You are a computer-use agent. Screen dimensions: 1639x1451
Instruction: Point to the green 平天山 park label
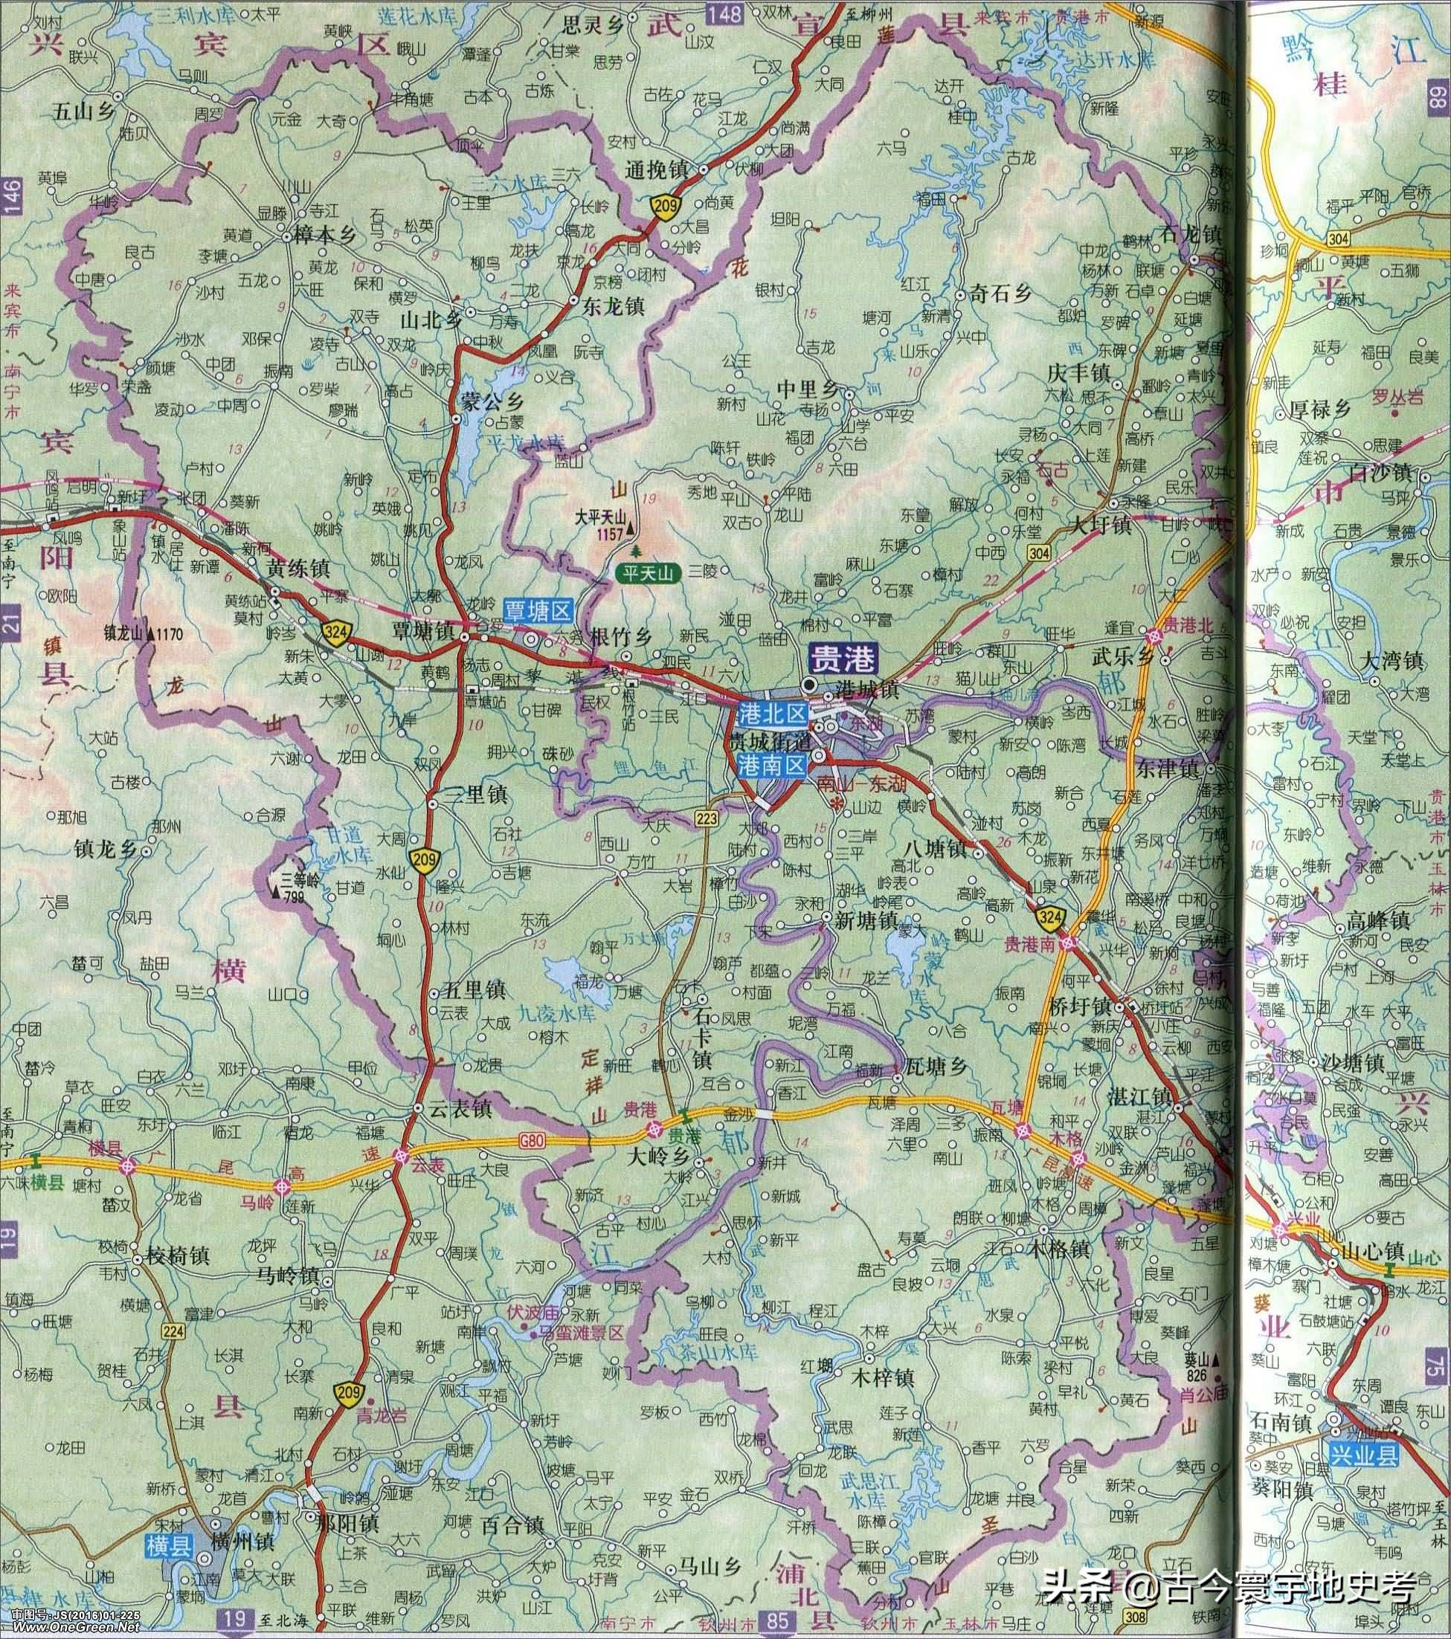click(x=647, y=573)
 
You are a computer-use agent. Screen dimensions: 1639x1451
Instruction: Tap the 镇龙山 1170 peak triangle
click(x=149, y=634)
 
